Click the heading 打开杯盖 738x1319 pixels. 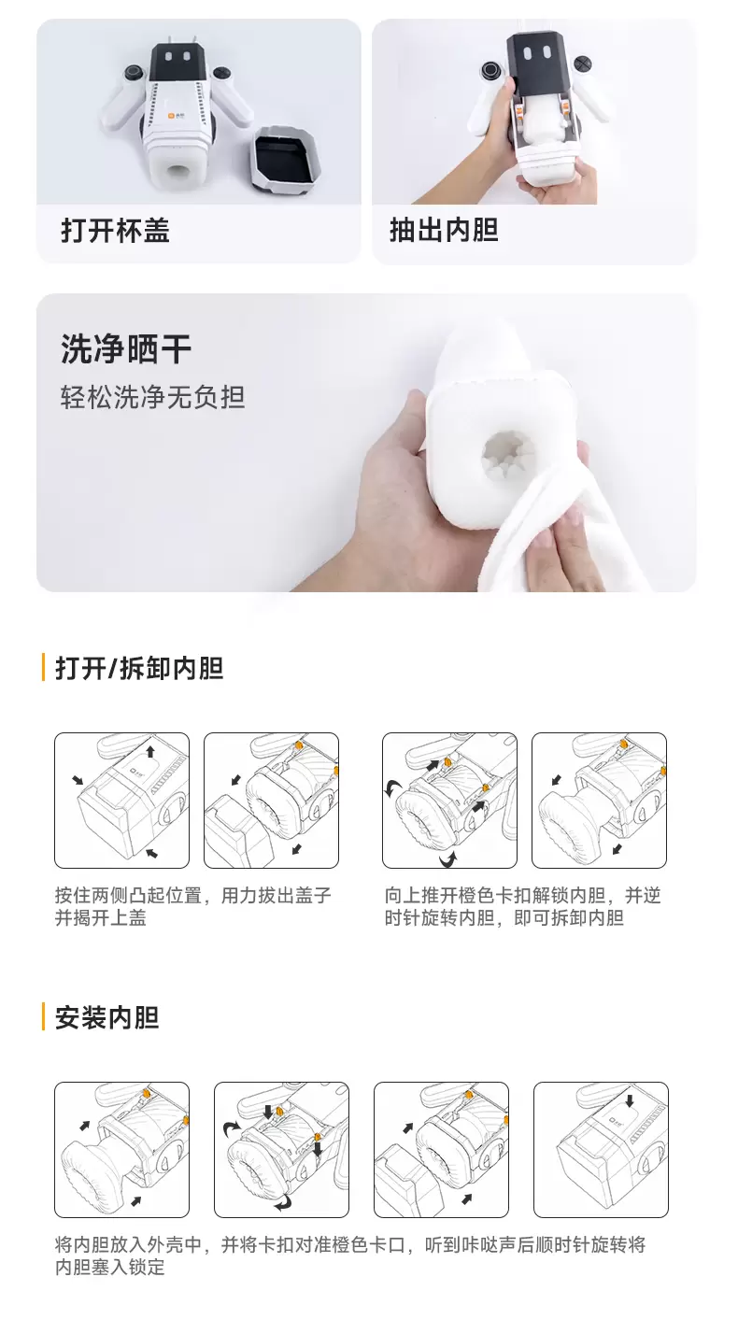click(x=115, y=231)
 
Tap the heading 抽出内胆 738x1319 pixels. click(x=444, y=231)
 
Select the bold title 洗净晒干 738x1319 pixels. click(x=126, y=349)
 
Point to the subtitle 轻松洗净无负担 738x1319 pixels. click(x=152, y=398)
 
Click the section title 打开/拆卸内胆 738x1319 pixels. click(x=139, y=669)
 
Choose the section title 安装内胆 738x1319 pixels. click(x=106, y=1017)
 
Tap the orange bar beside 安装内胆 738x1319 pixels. click(x=43, y=1017)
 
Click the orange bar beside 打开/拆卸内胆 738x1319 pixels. click(x=43, y=669)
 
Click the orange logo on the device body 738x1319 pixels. click(x=172, y=115)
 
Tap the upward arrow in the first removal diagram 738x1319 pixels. click(x=150, y=752)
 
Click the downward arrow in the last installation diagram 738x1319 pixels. click(x=630, y=1102)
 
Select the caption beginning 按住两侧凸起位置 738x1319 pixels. click(x=192, y=907)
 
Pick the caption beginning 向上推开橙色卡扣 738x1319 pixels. click(x=522, y=907)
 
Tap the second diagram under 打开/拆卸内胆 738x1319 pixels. click(x=271, y=801)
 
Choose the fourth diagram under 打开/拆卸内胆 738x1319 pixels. click(x=599, y=801)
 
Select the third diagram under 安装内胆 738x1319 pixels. click(x=441, y=1150)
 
